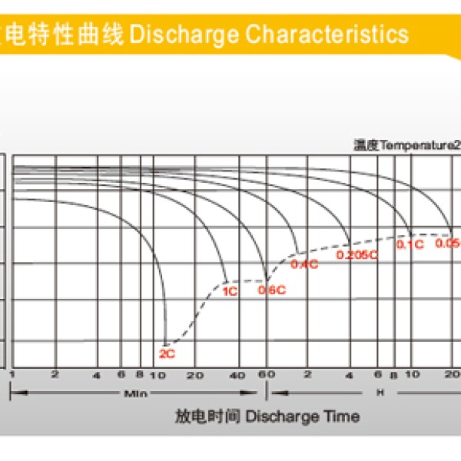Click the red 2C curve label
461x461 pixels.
[167, 354]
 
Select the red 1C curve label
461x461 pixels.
[229, 292]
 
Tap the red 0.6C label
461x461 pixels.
[272, 290]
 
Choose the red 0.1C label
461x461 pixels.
[410, 244]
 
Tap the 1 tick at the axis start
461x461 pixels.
[13, 374]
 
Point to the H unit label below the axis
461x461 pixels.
[380, 393]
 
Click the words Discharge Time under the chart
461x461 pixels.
[303, 416]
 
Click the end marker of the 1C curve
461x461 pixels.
[226, 280]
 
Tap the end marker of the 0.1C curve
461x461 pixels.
[411, 233]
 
